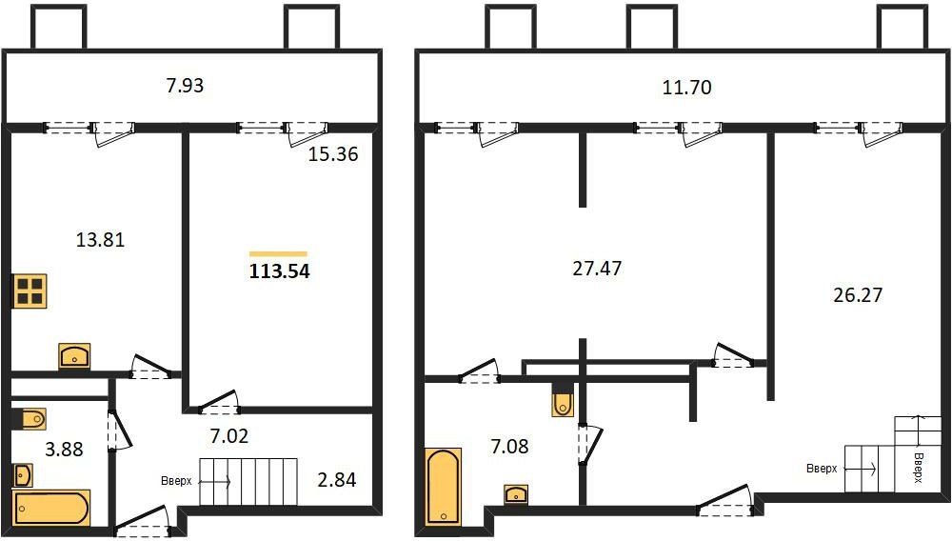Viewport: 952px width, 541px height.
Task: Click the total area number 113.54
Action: pyautogui.click(x=280, y=271)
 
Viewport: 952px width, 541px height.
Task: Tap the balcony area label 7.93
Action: pyautogui.click(x=185, y=86)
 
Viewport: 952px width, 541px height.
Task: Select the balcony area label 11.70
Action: pyautogui.click(x=687, y=89)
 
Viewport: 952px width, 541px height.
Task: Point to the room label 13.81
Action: pyautogui.click(x=100, y=240)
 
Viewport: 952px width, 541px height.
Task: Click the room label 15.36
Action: pyautogui.click(x=333, y=154)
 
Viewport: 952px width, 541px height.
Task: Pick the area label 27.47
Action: pyautogui.click(x=597, y=269)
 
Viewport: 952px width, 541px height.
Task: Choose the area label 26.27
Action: pyautogui.click(x=857, y=295)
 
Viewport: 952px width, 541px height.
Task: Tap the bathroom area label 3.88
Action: pyautogui.click(x=65, y=450)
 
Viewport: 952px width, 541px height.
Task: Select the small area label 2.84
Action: pyautogui.click(x=336, y=479)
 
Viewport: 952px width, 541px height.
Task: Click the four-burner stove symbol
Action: pyautogui.click(x=29, y=291)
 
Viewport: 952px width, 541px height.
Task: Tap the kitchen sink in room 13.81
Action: pyautogui.click(x=74, y=356)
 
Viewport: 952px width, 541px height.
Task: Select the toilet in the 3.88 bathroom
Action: pyautogui.click(x=30, y=418)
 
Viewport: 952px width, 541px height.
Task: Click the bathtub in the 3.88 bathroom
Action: pyautogui.click(x=51, y=507)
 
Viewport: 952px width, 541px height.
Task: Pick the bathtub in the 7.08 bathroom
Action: pyautogui.click(x=444, y=486)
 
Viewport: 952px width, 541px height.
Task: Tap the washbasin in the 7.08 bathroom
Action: pyautogui.click(x=516, y=493)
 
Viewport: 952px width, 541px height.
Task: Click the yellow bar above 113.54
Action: pyautogui.click(x=278, y=253)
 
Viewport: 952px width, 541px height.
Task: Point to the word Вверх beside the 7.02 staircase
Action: pyautogui.click(x=176, y=481)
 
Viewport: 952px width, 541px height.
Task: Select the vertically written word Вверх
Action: pyautogui.click(x=919, y=467)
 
